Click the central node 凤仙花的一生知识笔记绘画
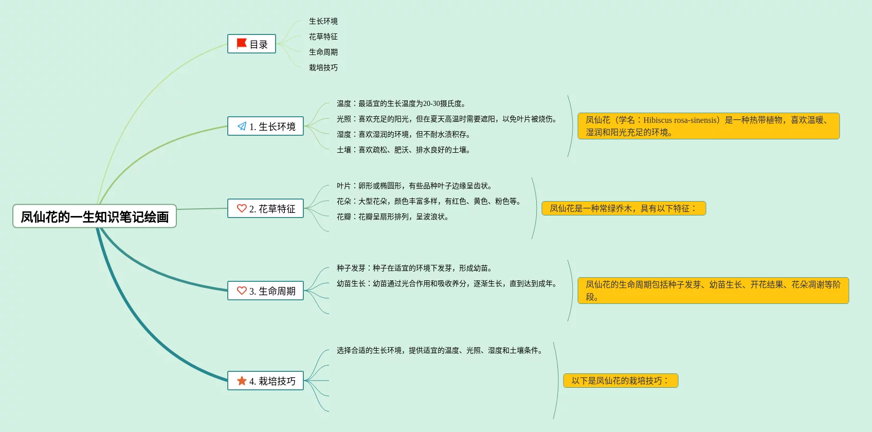(x=95, y=217)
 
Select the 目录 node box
(x=251, y=44)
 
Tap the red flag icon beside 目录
(x=241, y=44)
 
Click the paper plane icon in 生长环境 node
(x=242, y=127)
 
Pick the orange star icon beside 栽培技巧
(x=242, y=381)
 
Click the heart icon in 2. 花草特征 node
(x=242, y=208)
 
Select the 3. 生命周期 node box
(x=265, y=291)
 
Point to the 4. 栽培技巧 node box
(x=265, y=381)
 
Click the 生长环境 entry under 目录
(x=323, y=21)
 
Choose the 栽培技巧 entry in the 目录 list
(x=323, y=67)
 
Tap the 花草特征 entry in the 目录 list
(x=323, y=37)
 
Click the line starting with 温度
(x=401, y=103)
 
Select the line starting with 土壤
(x=404, y=150)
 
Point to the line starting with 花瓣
(x=393, y=217)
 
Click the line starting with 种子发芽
(x=415, y=268)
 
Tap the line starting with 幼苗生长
(x=447, y=283)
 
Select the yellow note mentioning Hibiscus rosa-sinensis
(x=708, y=126)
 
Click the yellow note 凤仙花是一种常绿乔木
(x=623, y=208)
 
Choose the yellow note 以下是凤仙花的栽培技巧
(x=620, y=381)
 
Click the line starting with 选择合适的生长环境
(x=440, y=350)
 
